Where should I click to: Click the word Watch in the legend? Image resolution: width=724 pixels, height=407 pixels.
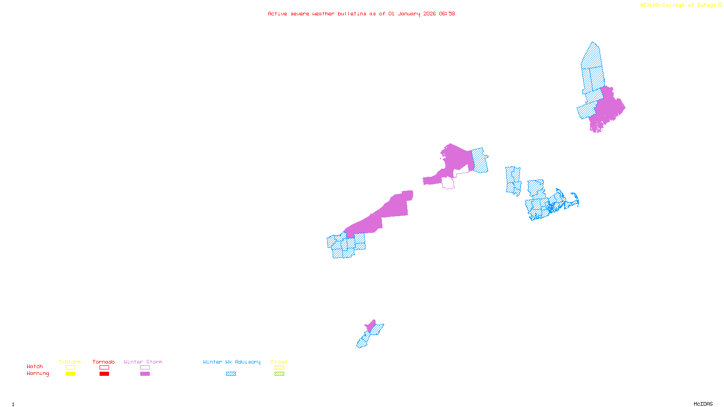[x=35, y=366]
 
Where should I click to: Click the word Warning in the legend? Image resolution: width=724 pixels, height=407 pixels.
[x=38, y=374]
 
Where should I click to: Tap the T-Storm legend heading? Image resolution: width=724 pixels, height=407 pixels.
[x=70, y=362]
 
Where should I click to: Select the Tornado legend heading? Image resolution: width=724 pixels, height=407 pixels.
[x=104, y=362]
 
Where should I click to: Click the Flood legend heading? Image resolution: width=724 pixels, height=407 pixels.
[x=279, y=362]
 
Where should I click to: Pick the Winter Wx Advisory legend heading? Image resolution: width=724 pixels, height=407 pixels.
[x=232, y=362]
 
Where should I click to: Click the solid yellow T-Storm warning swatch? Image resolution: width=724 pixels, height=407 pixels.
[x=70, y=374]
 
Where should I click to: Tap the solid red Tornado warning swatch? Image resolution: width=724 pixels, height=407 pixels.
[x=104, y=374]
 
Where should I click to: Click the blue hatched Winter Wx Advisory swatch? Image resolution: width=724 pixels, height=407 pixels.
[x=231, y=374]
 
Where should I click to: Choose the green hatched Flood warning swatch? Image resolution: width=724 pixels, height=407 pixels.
[x=280, y=374]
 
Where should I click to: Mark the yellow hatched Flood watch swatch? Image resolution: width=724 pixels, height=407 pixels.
[x=280, y=368]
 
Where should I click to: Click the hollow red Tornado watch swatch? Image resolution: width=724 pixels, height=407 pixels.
[x=104, y=368]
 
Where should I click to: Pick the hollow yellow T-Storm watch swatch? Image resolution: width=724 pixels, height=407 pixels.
[x=70, y=368]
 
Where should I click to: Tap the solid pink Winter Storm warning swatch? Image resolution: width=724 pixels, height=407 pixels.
[x=145, y=374]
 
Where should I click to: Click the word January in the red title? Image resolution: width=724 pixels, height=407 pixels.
[x=409, y=14]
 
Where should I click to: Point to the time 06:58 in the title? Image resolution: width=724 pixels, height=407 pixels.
[x=447, y=14]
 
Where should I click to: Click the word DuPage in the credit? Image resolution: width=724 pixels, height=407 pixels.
[x=707, y=5]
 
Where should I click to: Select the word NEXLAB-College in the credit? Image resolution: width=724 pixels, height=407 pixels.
[x=662, y=5]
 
